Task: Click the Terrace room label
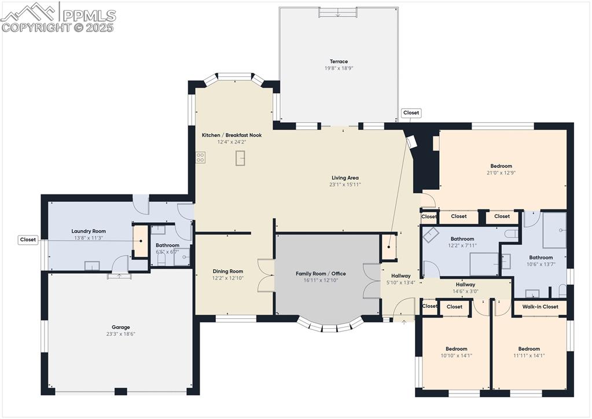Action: (339, 61)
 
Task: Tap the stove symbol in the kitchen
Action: (200, 157)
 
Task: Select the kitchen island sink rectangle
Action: (240, 158)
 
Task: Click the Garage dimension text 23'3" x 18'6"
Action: (121, 334)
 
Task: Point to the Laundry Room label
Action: (89, 231)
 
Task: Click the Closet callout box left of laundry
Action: (28, 240)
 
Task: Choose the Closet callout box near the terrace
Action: (411, 112)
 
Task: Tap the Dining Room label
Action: (227, 271)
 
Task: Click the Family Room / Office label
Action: (321, 274)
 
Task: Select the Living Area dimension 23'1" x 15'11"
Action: (345, 185)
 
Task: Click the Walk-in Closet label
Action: (540, 307)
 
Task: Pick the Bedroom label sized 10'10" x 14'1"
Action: (457, 349)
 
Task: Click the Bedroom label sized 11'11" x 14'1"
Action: (529, 349)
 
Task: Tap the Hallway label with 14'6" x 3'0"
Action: (465, 285)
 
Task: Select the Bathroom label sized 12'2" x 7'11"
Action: (462, 239)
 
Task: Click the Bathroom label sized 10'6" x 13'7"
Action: (541, 258)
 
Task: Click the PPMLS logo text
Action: (89, 16)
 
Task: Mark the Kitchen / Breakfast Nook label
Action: (232, 135)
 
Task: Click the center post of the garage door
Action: (120, 391)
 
